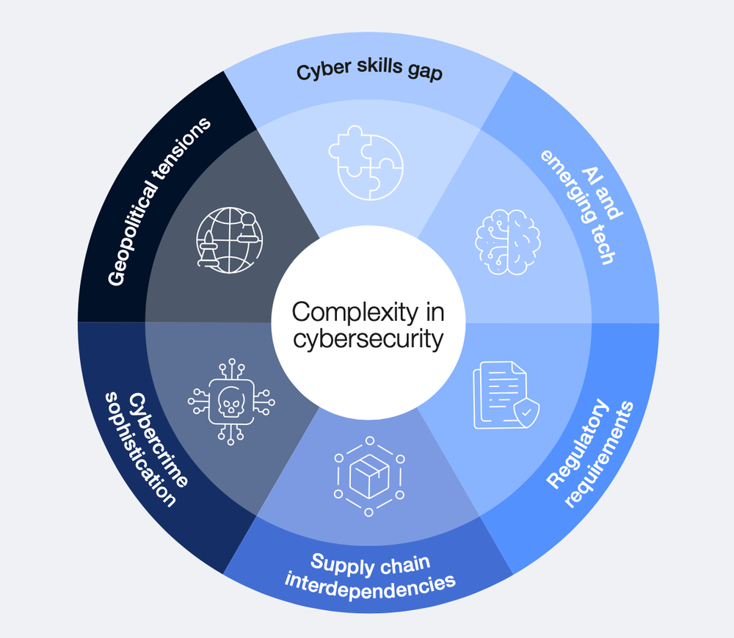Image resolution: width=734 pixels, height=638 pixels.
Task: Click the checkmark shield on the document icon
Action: [x=527, y=413]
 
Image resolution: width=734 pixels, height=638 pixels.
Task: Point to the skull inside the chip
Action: [x=230, y=401]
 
